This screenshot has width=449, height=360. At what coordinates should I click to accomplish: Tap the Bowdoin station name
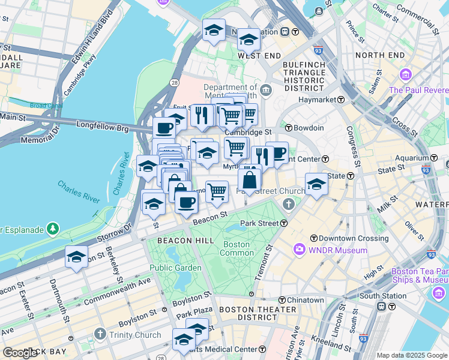[309, 128]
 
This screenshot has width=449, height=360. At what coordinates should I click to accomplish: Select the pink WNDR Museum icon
[299, 249]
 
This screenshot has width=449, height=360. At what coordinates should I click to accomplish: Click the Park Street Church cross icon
[289, 205]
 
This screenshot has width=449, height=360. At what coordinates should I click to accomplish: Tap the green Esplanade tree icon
[53, 229]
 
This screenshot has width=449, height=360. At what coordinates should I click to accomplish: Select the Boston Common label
[237, 248]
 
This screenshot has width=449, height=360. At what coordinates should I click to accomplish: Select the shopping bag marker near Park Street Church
[249, 179]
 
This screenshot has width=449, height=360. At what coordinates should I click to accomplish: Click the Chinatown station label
[305, 299]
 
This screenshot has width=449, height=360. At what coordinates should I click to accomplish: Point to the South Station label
[383, 296]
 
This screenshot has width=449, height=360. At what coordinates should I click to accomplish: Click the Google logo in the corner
[20, 353]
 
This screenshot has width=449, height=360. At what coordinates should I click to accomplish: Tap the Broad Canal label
[46, 106]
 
